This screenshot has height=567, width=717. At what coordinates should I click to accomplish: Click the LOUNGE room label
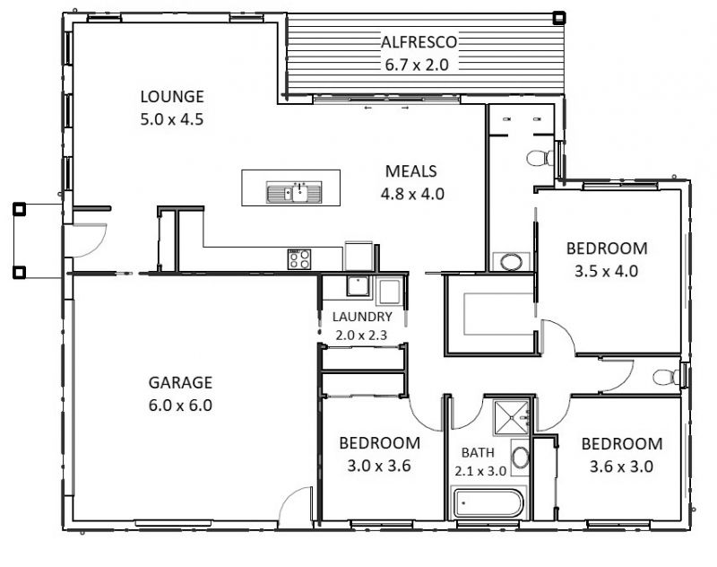click(x=172, y=97)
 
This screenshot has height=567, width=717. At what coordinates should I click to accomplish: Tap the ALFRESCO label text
click(x=419, y=42)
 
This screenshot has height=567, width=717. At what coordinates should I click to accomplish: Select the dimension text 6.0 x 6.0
click(x=181, y=406)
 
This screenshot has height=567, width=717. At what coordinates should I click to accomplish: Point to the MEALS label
click(x=411, y=171)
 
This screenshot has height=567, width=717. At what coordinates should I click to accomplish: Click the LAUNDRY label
click(x=362, y=317)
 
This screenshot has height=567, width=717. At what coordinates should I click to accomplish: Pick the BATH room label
click(x=478, y=452)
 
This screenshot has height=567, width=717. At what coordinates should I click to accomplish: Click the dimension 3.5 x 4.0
click(x=607, y=271)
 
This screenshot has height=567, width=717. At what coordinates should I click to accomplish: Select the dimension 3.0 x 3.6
click(x=379, y=466)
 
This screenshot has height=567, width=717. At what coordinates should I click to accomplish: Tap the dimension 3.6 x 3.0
click(x=621, y=467)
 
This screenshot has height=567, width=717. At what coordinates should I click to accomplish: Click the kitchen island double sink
click(x=295, y=192)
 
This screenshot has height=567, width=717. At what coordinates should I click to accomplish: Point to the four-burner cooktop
click(x=299, y=259)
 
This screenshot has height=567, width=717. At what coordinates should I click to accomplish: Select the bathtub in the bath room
click(x=487, y=502)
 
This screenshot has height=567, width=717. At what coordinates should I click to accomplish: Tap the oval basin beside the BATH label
click(x=520, y=458)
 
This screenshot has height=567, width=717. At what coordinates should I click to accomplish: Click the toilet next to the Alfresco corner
click(x=540, y=158)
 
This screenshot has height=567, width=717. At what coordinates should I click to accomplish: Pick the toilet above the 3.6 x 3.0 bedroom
click(x=666, y=377)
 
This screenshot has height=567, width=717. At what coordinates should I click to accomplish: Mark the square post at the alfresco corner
click(x=558, y=18)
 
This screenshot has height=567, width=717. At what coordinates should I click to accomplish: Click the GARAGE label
click(x=181, y=382)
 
